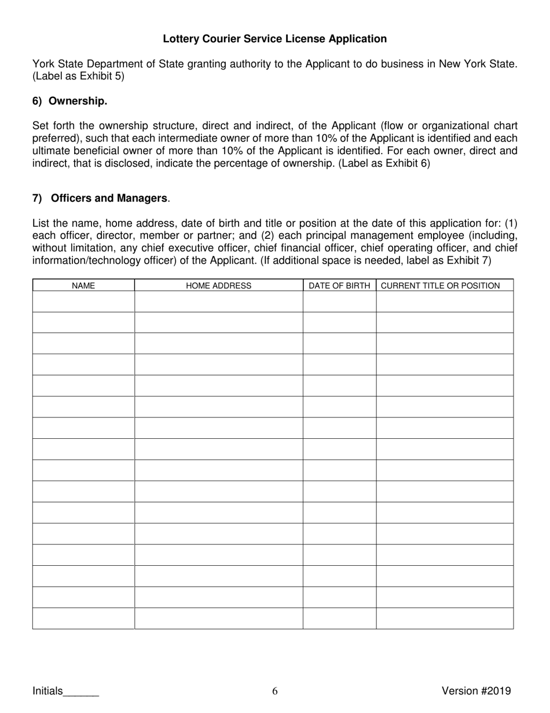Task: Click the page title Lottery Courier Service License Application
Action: [x=274, y=39]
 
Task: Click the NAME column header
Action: [x=83, y=285]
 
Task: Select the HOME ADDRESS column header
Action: [x=218, y=285]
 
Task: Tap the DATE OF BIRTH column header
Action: [x=339, y=285]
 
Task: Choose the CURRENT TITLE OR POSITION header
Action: [x=440, y=285]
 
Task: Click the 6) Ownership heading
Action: [x=69, y=101]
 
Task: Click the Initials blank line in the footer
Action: [x=81, y=691]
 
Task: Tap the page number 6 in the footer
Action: [x=275, y=690]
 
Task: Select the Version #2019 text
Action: [x=476, y=690]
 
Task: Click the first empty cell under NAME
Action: [x=83, y=301]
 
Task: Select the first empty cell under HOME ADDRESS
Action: [x=218, y=301]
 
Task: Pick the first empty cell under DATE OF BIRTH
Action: [x=339, y=301]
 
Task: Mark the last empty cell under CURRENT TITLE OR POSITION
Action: [x=445, y=619]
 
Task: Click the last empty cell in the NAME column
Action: [x=83, y=619]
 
